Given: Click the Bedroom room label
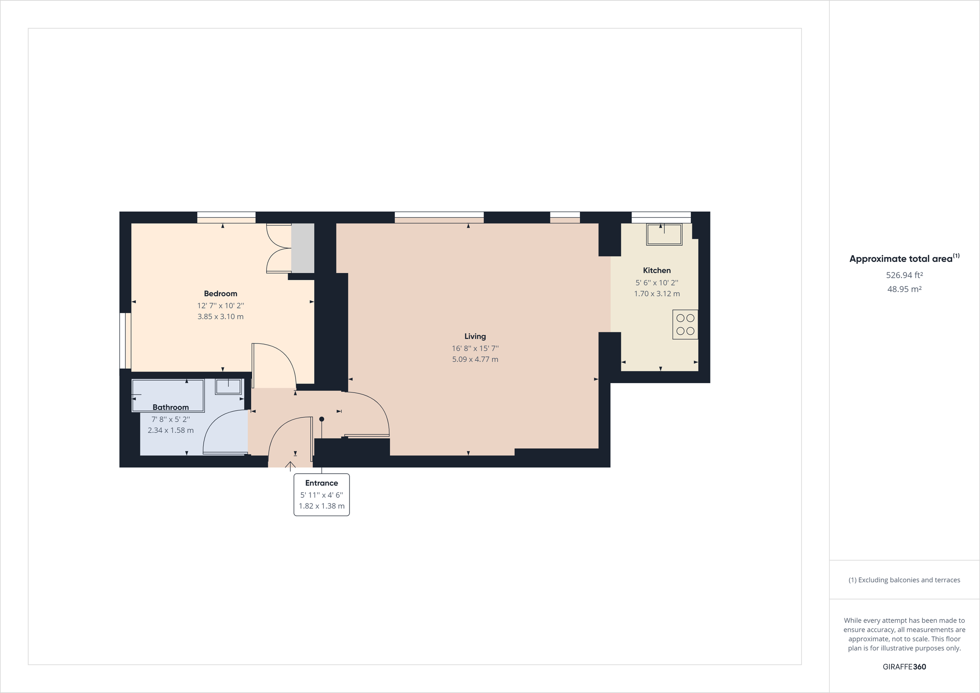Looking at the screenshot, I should (x=220, y=293).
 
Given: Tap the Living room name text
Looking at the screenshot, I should (x=474, y=336).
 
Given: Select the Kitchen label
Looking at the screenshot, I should (x=657, y=270).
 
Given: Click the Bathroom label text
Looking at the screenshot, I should (x=170, y=407).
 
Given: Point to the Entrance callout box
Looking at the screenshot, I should (x=321, y=495).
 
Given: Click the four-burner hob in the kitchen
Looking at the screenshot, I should (x=685, y=325).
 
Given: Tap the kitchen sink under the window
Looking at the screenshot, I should (x=664, y=234).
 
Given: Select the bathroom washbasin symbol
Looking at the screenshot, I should (x=228, y=386).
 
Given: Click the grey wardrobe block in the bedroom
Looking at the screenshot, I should (x=303, y=248).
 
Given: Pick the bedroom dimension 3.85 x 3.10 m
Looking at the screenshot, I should (x=220, y=316).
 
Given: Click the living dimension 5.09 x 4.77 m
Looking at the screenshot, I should (x=474, y=359).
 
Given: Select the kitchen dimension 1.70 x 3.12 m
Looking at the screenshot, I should (x=657, y=293).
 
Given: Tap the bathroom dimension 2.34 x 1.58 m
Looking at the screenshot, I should (x=170, y=430).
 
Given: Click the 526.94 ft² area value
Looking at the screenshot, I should (x=904, y=275).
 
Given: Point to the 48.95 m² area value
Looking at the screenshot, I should (x=904, y=289).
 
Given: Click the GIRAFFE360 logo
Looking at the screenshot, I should (x=904, y=666).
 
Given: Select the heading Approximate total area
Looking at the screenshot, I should (x=901, y=259).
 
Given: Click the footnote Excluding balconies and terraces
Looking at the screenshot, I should (x=904, y=580).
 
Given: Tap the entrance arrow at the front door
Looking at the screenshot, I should (x=290, y=466).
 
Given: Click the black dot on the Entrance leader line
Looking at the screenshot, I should (x=321, y=419).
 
